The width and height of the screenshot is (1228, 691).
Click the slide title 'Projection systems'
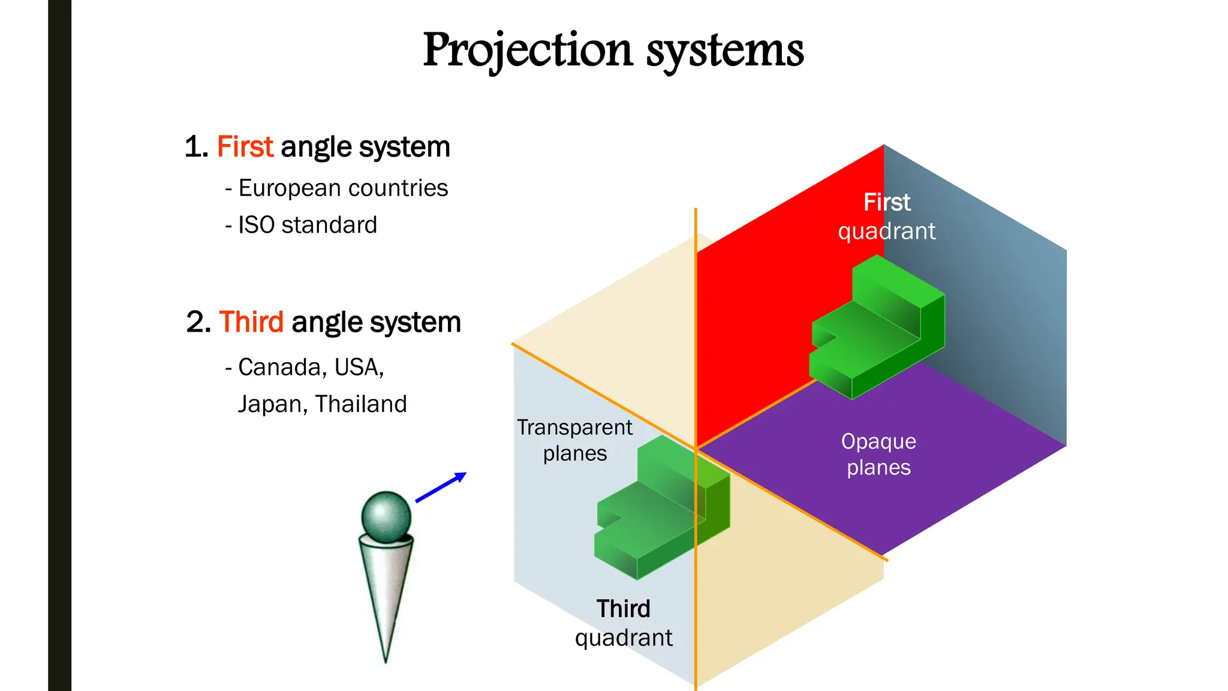pos(613,50)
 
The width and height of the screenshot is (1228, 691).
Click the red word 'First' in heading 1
pos(245,147)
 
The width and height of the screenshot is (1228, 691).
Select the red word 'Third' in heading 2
pos(251,322)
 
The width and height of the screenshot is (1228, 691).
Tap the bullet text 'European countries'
pos(343,188)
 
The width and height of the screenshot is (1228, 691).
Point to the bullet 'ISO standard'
pos(308,226)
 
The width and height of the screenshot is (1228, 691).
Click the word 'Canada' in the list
pos(279,367)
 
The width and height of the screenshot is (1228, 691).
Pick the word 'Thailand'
pos(361,404)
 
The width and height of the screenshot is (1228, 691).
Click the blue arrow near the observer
pos(441,487)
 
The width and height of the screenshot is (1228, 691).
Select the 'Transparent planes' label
pos(574,440)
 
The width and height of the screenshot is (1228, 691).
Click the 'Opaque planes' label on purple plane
pos(878,454)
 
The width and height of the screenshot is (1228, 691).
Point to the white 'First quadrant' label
pos(886,217)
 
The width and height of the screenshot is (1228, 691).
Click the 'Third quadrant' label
pos(624,623)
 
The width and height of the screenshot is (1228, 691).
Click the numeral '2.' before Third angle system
pos(198,322)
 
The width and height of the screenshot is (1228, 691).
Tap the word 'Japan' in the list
pos(272,404)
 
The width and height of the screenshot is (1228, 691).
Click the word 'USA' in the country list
pos(358,367)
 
